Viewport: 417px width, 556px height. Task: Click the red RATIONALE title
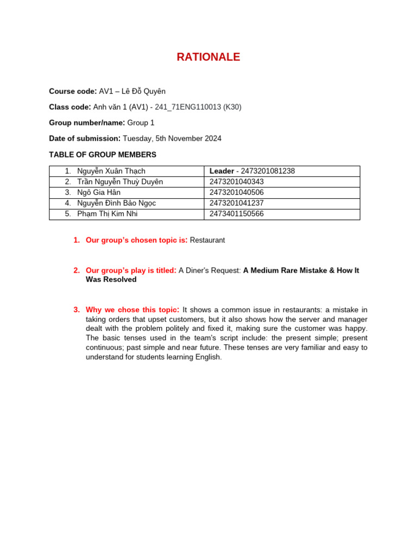[x=208, y=57]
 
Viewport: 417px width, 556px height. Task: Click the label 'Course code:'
[x=73, y=91]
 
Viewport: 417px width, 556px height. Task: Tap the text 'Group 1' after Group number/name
[x=141, y=123]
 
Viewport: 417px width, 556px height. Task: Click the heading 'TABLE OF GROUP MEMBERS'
[x=103, y=155]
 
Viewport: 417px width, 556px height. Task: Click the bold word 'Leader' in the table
[x=222, y=171]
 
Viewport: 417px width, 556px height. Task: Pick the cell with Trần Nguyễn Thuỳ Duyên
[x=120, y=182]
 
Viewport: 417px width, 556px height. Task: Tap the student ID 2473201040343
[x=237, y=182]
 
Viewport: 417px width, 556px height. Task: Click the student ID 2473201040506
[x=237, y=193]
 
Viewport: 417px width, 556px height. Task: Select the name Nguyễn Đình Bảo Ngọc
[x=117, y=203]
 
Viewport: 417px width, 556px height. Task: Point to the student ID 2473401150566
[x=237, y=214]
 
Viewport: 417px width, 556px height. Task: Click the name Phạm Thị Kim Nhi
[x=108, y=214]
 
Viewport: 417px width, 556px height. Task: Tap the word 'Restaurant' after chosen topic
[x=207, y=240]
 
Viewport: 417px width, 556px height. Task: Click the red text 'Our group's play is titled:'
[x=131, y=270]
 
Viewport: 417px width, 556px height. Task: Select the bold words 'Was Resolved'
[x=111, y=280]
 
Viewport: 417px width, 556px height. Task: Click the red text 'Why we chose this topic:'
[x=132, y=310]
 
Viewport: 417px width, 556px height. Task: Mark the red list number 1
[x=77, y=240]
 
